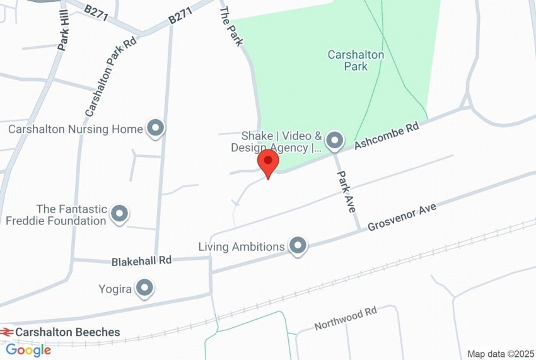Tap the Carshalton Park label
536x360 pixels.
356,61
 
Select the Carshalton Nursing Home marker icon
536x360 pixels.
155,129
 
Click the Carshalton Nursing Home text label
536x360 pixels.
76,129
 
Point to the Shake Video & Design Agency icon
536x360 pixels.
334,141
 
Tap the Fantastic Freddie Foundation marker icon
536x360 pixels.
119,214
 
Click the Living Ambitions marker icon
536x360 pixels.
298,246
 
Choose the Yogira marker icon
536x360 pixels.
145,289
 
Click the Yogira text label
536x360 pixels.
115,289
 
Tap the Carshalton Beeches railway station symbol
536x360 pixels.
7,332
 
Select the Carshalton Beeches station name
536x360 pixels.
67,332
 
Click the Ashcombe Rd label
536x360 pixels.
387,136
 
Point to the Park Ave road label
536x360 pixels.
346,192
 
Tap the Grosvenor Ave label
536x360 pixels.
402,217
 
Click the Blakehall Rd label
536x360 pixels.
141,260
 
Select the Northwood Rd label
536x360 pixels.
345,319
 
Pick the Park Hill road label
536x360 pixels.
64,30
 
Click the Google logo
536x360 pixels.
28,350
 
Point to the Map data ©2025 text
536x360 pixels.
501,354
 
